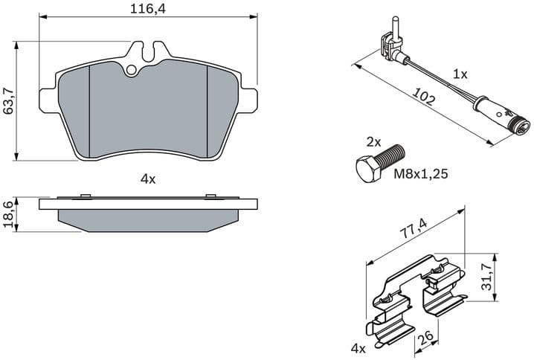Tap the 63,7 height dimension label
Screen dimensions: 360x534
click(10, 100)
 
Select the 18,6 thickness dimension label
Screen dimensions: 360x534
click(10, 215)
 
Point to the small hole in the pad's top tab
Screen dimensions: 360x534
click(132, 71)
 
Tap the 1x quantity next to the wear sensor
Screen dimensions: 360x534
click(460, 74)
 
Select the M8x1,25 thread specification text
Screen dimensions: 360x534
click(422, 175)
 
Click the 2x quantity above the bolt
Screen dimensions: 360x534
click(373, 141)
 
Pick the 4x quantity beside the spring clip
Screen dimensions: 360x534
click(358, 347)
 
